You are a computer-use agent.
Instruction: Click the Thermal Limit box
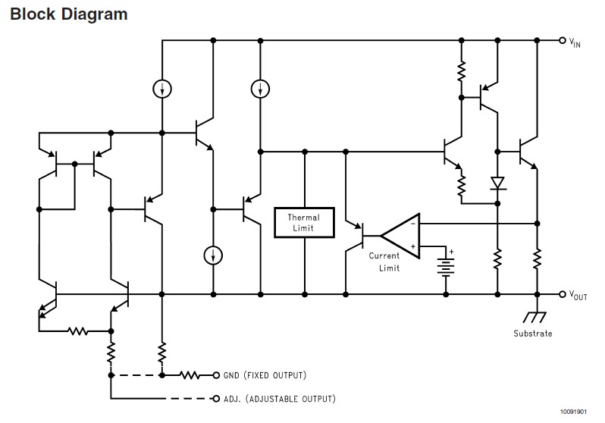(304, 222)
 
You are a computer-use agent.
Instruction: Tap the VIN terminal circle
(563, 40)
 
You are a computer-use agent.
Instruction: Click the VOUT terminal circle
(563, 294)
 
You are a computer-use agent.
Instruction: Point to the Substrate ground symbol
(534, 317)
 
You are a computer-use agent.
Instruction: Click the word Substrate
(532, 334)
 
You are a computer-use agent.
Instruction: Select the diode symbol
(498, 183)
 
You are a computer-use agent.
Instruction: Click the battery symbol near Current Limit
(446, 267)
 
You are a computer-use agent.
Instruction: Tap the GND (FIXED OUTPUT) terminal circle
(216, 375)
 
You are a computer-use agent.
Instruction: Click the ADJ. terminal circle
(216, 399)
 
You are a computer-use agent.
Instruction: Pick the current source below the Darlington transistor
(213, 255)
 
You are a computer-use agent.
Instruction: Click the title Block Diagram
(69, 14)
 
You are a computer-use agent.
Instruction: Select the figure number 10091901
(573, 412)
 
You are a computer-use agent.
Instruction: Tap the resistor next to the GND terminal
(190, 375)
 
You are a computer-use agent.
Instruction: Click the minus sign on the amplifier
(413, 224)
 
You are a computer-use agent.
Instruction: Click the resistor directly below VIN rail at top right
(462, 71)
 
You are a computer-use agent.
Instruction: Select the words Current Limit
(384, 262)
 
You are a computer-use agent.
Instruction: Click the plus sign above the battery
(451, 252)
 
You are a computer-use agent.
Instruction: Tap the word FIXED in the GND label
(258, 375)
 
